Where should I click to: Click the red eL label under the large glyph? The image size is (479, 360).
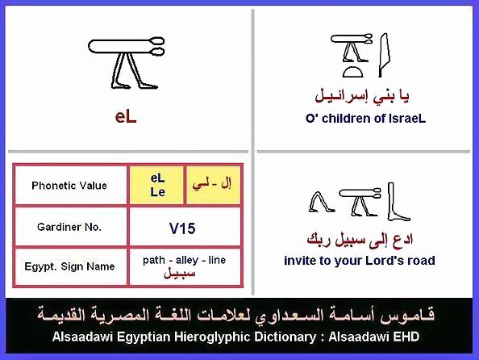click(126, 117)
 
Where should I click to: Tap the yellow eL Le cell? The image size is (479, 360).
click(157, 185)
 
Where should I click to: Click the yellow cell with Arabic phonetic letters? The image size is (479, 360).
click(213, 185)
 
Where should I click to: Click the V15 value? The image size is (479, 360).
click(182, 228)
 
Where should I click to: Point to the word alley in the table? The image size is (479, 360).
click(186, 260)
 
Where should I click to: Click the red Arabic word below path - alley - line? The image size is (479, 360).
click(180, 273)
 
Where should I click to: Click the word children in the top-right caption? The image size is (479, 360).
click(344, 119)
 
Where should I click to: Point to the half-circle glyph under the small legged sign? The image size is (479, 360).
click(353, 72)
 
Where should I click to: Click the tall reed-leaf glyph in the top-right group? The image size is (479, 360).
click(384, 55)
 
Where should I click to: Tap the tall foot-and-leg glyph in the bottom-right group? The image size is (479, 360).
click(396, 202)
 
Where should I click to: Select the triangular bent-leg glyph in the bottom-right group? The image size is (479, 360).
click(321, 202)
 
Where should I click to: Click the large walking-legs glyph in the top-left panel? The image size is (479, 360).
click(127, 63)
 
